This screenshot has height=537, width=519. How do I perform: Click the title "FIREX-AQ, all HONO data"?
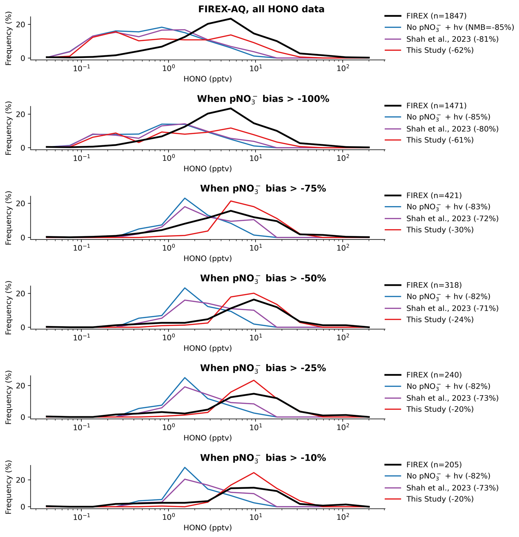[x=261, y=9]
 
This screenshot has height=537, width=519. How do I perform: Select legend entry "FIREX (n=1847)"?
[x=436, y=16]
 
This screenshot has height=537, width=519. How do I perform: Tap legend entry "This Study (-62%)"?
[x=440, y=50]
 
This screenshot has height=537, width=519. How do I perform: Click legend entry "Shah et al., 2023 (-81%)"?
[x=452, y=39]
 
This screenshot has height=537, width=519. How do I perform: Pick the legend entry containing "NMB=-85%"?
[x=460, y=27]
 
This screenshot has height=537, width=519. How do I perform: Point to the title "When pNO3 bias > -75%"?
[x=263, y=189]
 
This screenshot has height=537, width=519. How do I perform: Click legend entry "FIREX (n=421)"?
[x=434, y=195]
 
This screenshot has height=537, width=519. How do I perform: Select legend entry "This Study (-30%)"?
[x=440, y=230]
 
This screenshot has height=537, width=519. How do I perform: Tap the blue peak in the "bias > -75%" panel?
[x=185, y=198]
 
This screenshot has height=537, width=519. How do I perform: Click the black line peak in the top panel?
[x=231, y=19]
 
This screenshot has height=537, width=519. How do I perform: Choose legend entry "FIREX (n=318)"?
[x=434, y=285]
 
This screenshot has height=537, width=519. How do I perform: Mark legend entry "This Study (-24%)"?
[x=440, y=319]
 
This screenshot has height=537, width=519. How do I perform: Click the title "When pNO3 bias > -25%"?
[x=263, y=368]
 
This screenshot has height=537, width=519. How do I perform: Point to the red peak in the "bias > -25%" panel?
[x=254, y=380]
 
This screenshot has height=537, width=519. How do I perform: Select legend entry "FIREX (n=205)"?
[x=434, y=464]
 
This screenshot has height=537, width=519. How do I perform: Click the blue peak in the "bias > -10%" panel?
[x=185, y=467]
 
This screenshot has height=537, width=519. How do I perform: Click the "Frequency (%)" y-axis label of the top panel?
[x=9, y=38]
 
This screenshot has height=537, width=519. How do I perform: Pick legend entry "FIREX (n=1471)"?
[x=436, y=106]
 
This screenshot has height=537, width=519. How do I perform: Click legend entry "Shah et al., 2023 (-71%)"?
[x=452, y=308]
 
